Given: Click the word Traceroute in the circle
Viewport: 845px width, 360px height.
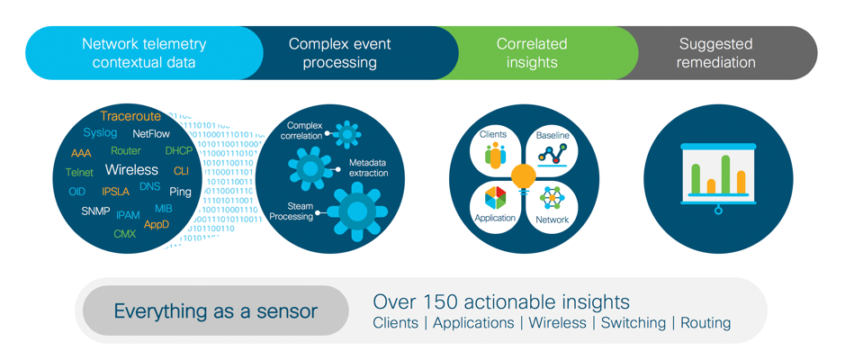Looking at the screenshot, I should click(130, 116).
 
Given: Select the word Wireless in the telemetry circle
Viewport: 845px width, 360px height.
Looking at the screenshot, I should click(131, 169).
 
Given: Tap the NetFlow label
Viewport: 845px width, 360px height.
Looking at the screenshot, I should click(151, 133).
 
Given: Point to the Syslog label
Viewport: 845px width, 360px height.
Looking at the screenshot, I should click(100, 132).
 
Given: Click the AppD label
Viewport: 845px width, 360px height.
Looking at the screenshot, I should click(156, 225).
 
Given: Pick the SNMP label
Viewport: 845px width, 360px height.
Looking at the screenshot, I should click(95, 211).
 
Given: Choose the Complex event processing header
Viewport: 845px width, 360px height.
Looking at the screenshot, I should click(339, 53).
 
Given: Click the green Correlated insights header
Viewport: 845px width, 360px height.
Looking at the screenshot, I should click(532, 53).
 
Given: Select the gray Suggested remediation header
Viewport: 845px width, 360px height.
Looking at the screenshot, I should click(716, 53).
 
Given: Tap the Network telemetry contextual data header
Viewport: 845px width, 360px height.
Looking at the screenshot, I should click(144, 53).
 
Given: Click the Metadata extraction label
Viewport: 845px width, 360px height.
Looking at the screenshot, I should click(368, 167).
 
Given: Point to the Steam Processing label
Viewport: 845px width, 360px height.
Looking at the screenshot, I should click(292, 211).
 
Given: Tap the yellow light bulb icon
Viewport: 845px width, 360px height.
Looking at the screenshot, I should click(524, 175).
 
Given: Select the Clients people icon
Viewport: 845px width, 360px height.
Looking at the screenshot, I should click(495, 155).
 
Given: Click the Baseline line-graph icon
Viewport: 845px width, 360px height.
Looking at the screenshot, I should click(553, 155).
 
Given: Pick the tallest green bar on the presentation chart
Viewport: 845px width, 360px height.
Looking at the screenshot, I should click(725, 175).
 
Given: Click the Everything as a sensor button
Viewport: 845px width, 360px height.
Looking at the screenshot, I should click(215, 311).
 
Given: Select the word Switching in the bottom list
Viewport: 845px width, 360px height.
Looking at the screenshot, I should click(634, 323).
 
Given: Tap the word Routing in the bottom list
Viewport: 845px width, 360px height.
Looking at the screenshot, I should click(706, 323).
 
